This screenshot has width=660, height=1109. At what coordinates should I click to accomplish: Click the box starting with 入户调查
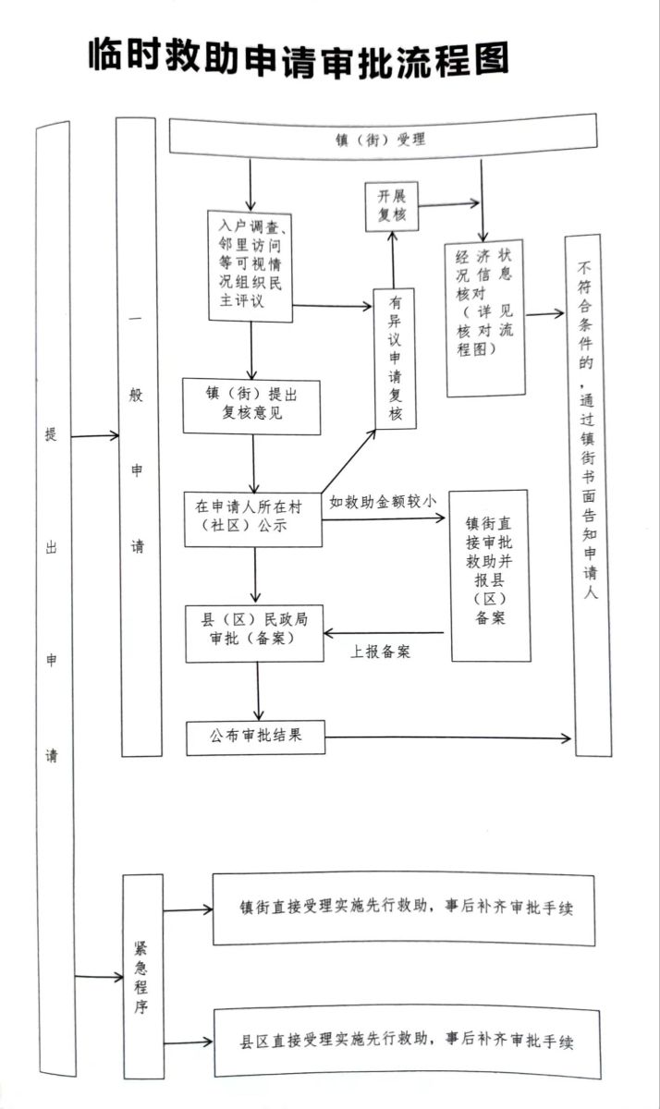click(x=251, y=265)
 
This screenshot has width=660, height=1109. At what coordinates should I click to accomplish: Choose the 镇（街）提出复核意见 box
click(x=251, y=406)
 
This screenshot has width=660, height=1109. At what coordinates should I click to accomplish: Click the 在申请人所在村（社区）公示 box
click(x=252, y=518)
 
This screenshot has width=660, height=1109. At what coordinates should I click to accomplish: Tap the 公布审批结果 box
click(x=255, y=737)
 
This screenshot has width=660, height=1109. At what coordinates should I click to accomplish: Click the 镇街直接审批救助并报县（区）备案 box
click(x=490, y=575)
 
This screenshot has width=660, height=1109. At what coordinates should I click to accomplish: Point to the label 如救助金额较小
click(x=383, y=502)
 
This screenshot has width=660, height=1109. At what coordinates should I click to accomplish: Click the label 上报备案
click(x=380, y=652)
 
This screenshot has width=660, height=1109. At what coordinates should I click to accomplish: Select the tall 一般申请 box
click(x=138, y=434)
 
